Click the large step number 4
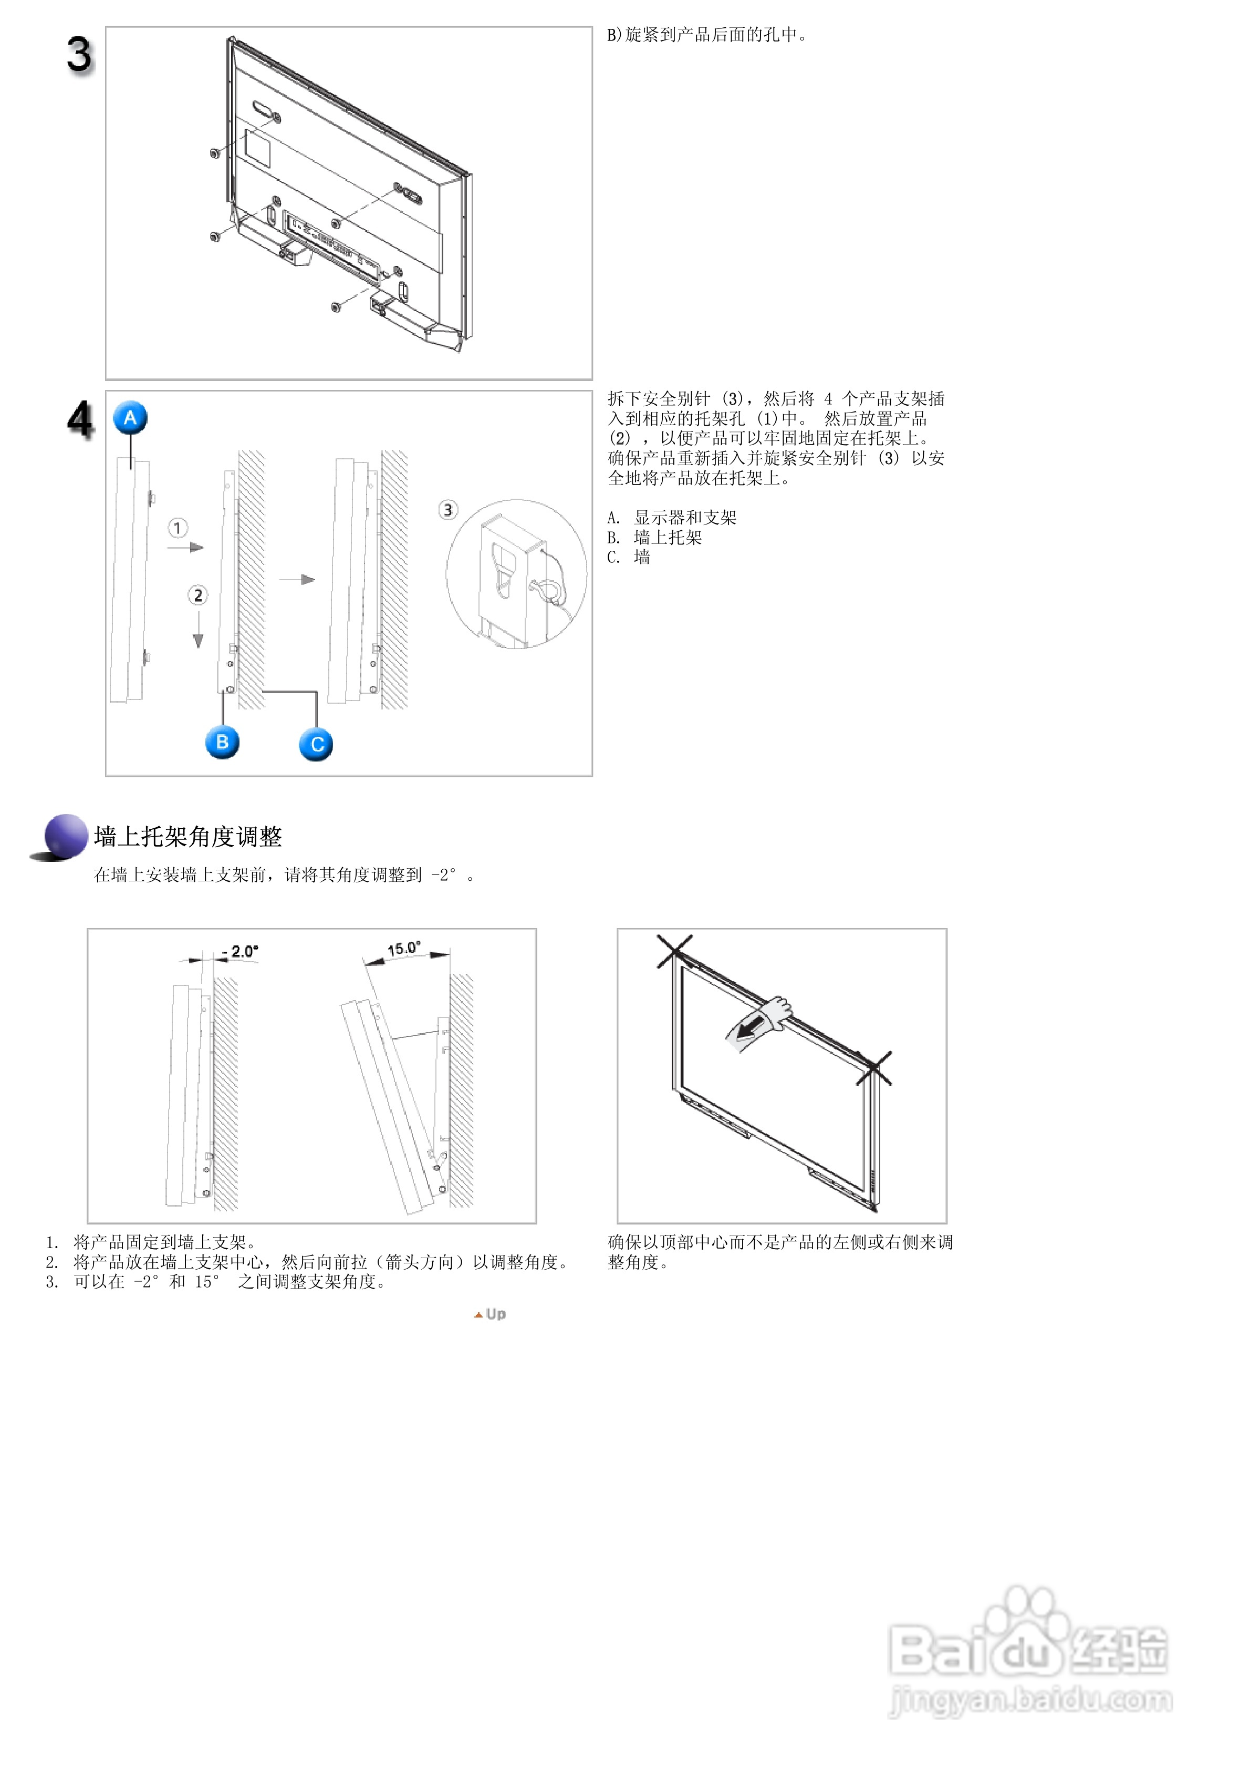click(79, 420)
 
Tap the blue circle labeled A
click(130, 418)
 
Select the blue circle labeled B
click(222, 743)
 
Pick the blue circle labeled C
click(316, 745)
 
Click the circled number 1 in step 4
click(178, 528)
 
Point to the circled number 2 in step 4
click(198, 595)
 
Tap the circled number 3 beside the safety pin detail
click(448, 510)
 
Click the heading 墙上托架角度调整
click(188, 837)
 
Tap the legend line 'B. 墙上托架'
click(654, 537)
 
